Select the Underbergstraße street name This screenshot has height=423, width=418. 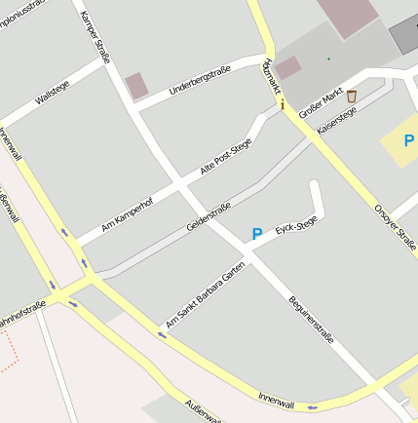(200, 81)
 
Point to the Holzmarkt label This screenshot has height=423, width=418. (270, 75)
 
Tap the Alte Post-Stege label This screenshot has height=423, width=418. (226, 157)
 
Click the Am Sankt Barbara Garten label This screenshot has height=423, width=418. (205, 295)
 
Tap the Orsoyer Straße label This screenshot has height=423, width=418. (396, 227)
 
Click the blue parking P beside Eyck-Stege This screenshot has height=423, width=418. (257, 234)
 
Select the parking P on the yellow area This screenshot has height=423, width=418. (409, 141)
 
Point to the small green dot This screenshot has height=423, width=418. (328, 59)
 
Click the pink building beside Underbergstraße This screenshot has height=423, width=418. (137, 86)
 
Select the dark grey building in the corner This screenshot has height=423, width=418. (405, 35)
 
